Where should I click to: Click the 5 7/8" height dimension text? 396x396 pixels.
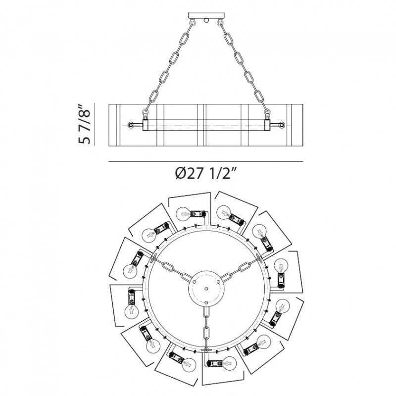(x=85, y=124)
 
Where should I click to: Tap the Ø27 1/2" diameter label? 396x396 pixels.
(x=206, y=174)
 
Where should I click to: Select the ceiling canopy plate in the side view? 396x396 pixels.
(x=206, y=15)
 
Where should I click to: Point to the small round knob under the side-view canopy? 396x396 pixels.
(x=206, y=20)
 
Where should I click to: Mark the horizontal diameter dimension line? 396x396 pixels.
(x=206, y=161)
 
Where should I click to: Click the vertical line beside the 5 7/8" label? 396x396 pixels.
(x=95, y=124)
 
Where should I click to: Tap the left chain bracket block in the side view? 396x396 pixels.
(x=146, y=125)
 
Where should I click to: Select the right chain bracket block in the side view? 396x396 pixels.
(x=267, y=125)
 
